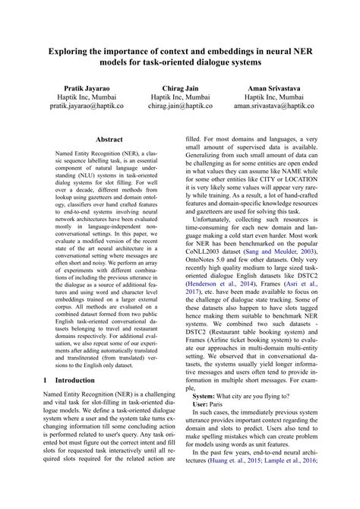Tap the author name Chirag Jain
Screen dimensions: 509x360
coord(180,87)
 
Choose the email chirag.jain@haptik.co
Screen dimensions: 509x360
coord(180,108)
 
